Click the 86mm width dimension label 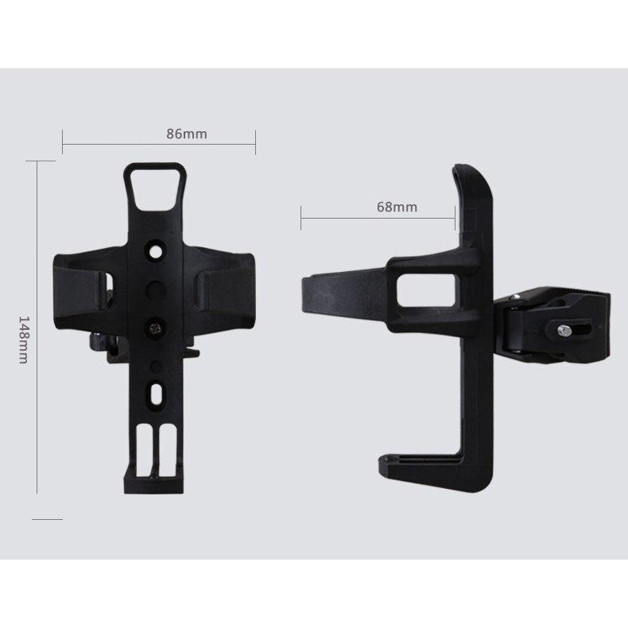pos(187,134)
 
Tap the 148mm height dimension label pos(24,340)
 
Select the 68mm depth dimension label pos(397,207)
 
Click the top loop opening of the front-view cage pos(155,188)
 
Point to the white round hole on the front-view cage pos(156,251)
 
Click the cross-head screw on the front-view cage pos(156,328)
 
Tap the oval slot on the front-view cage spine pos(156,393)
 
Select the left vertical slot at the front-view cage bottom pos(144,451)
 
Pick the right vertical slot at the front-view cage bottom pos(167,451)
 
